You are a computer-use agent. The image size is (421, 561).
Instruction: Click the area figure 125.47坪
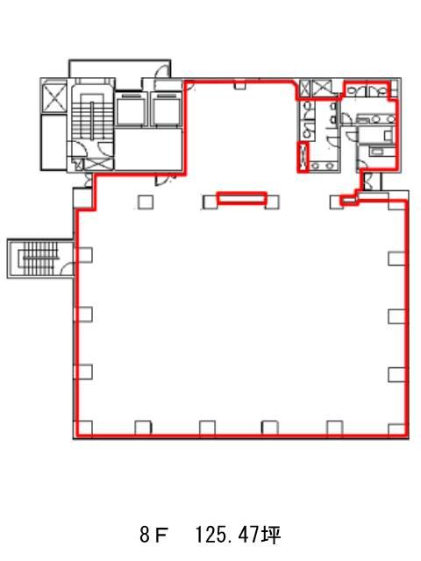pyautogui.click(x=238, y=536)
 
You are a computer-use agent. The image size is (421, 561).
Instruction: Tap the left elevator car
pyautogui.click(x=132, y=109)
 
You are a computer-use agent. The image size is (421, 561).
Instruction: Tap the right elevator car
pyautogui.click(x=167, y=109)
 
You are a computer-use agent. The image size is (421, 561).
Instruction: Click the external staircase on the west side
pyautogui.click(x=40, y=257)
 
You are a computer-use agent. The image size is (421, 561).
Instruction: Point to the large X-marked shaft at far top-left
pyautogui.click(x=54, y=96)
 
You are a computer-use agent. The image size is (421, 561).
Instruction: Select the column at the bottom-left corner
pyautogui.click(x=84, y=429)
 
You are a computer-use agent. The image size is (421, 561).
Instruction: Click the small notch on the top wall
pyautogui.click(x=239, y=85)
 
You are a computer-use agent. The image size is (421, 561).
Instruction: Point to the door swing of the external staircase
pyautogui.click(x=67, y=269)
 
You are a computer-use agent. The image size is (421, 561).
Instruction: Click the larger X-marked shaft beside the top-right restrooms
pyautogui.click(x=322, y=88)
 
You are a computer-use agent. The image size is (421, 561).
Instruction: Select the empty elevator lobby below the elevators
pyautogui.click(x=148, y=149)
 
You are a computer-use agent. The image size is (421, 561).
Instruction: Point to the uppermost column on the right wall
pyautogui.click(x=397, y=259)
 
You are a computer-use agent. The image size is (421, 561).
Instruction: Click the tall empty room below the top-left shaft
pyautogui.click(x=54, y=142)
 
